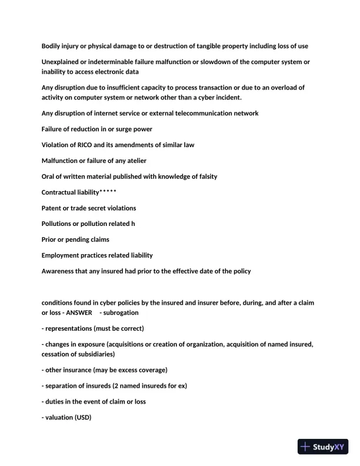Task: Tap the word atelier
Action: tap(135, 161)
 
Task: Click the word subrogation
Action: tap(121, 312)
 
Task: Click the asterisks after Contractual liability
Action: tap(108, 192)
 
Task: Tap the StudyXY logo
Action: tap(323, 447)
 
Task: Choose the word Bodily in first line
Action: tap(52, 46)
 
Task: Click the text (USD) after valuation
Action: tap(84, 417)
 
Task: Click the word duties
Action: tap(55, 401)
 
